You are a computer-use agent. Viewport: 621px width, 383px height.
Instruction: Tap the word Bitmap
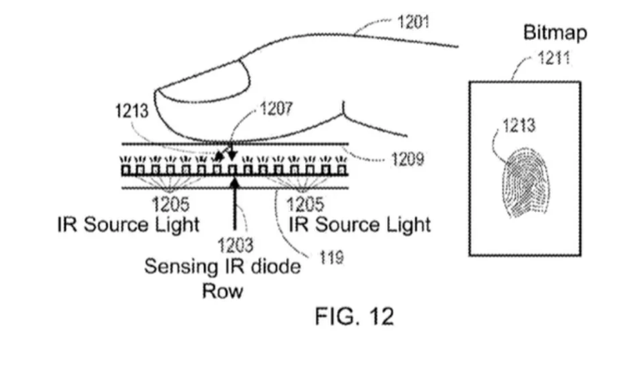tap(554, 33)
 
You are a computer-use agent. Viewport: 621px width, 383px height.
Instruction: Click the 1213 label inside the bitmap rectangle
tap(518, 126)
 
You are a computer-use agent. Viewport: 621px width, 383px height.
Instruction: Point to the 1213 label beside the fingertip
tap(131, 111)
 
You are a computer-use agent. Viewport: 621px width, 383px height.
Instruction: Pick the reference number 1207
tap(277, 108)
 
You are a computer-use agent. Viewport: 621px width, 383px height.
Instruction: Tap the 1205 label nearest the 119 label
tap(304, 203)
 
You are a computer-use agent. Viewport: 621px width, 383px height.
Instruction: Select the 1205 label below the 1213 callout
tap(171, 203)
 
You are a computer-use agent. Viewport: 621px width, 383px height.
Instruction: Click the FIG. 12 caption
tap(353, 317)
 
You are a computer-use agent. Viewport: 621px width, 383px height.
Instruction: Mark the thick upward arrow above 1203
tap(236, 209)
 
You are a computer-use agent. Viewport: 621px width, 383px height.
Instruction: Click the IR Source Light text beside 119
tap(360, 224)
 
